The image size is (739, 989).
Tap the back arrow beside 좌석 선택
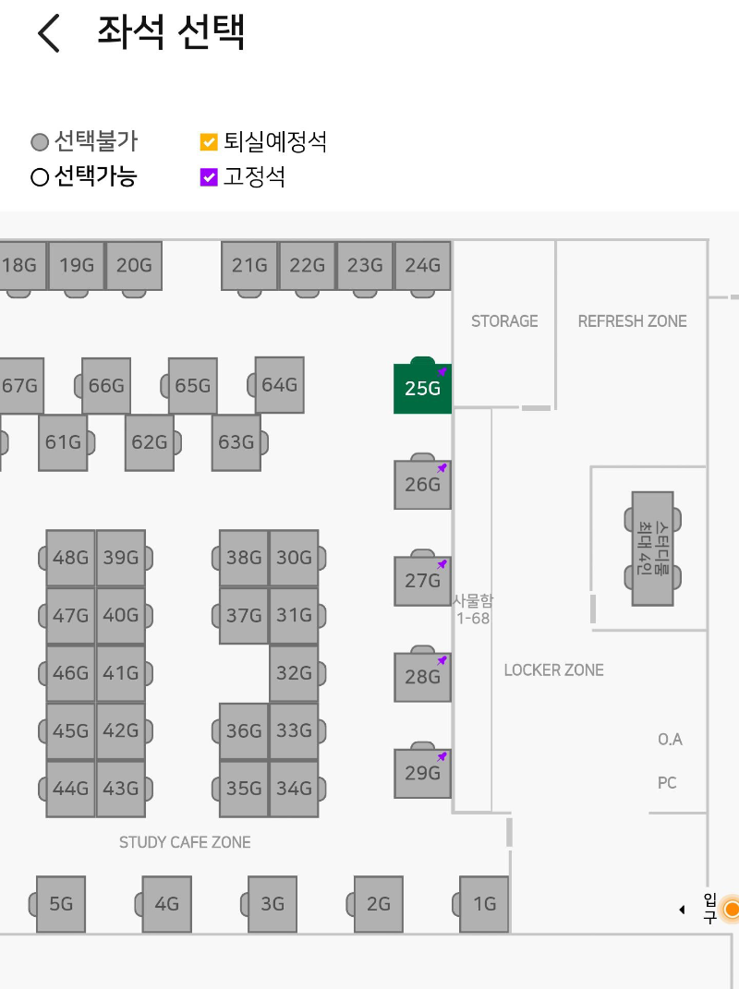point(48,34)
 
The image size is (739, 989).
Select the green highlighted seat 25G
point(422,388)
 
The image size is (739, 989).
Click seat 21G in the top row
point(249,266)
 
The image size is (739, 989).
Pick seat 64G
point(279,384)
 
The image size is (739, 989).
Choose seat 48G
point(71,558)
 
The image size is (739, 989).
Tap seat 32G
point(294,673)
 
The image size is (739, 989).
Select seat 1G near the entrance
point(484,904)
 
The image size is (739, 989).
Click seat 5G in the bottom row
point(61,904)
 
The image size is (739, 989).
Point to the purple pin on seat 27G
point(442,563)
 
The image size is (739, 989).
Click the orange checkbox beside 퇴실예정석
point(209,142)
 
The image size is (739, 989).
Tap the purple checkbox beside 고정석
point(209,176)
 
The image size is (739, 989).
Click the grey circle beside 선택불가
point(40,142)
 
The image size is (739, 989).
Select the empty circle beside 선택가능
point(40,176)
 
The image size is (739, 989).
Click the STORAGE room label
point(504,321)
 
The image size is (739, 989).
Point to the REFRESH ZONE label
point(632,321)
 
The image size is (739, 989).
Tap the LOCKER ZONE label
point(553,670)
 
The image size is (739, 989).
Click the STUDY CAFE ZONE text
point(185,842)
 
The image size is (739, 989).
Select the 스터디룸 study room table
point(652,549)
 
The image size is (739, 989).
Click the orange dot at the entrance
point(732,910)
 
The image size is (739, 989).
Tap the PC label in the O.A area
point(667,783)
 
